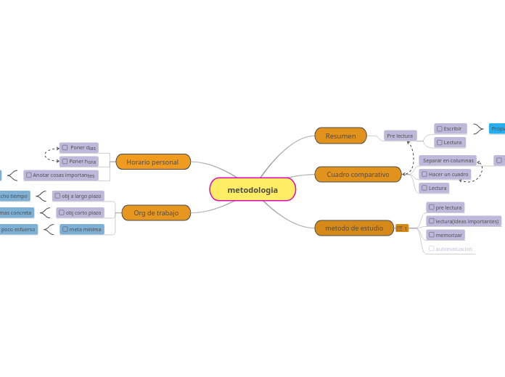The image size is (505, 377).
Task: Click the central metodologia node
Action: click(252, 190)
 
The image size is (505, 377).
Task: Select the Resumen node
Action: click(340, 136)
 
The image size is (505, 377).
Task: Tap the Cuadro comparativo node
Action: click(358, 174)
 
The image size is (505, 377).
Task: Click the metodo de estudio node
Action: click(354, 228)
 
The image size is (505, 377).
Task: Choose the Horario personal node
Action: click(152, 162)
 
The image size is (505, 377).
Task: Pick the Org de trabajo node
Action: click(156, 212)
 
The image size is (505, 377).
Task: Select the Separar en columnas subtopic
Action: click(448, 160)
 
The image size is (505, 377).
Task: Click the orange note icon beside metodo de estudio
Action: click(402, 228)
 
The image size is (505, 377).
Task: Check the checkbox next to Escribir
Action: click(440, 128)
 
